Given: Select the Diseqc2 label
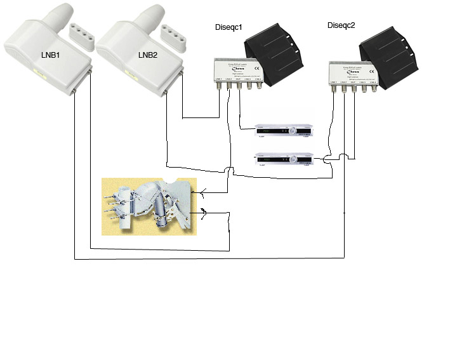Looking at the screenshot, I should click(341, 26).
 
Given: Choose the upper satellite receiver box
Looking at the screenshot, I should click(284, 131).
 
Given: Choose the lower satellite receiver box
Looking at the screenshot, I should click(284, 160).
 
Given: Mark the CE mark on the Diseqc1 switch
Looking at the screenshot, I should click(256, 67).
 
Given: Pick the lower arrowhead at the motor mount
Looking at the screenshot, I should click(204, 214).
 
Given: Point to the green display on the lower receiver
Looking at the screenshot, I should click(270, 159).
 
